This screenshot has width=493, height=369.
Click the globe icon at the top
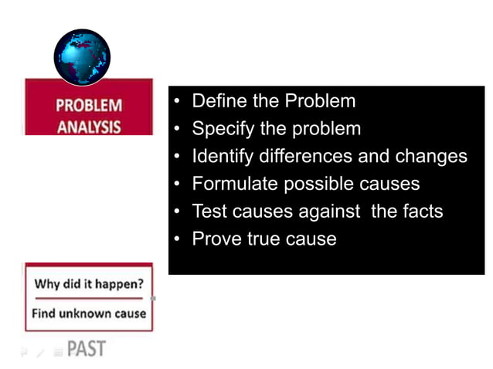coord(82,58)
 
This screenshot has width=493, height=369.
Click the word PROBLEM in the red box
coord(88,106)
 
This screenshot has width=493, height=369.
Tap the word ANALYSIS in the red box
coord(88,127)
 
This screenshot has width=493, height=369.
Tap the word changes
coord(431,157)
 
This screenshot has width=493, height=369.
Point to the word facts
coord(422,211)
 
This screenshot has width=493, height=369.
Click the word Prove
coord(216,239)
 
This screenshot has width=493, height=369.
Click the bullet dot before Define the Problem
coord(178,102)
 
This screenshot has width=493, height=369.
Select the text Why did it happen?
coord(89,283)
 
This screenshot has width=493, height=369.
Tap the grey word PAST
coord(87,349)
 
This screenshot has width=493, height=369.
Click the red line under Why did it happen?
coord(88,298)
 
